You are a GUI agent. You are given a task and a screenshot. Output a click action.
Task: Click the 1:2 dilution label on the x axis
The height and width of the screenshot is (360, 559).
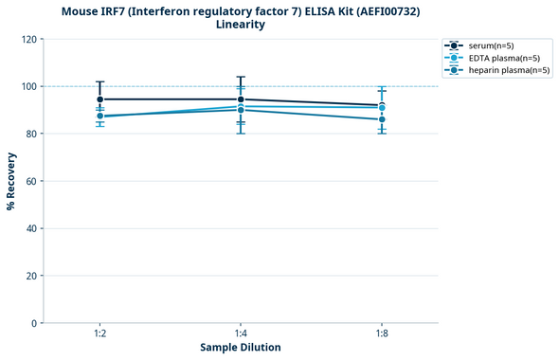(99, 333)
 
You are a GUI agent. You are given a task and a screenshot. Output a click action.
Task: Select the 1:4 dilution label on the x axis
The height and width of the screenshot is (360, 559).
(241, 333)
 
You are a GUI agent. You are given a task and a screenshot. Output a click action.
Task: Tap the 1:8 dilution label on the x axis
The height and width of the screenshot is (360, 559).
(382, 333)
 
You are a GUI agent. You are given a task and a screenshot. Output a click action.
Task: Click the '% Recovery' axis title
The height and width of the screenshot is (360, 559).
(11, 181)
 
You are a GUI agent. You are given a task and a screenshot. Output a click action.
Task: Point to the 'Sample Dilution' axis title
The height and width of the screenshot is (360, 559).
(241, 348)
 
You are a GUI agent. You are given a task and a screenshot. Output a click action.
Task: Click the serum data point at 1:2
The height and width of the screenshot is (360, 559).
(99, 99)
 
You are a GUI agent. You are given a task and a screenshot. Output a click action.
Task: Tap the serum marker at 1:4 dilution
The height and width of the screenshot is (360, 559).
(241, 99)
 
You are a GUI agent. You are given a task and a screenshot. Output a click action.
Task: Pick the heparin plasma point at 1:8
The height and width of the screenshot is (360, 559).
(382, 119)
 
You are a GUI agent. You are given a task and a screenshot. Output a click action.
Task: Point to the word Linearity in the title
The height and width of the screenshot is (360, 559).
(241, 25)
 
